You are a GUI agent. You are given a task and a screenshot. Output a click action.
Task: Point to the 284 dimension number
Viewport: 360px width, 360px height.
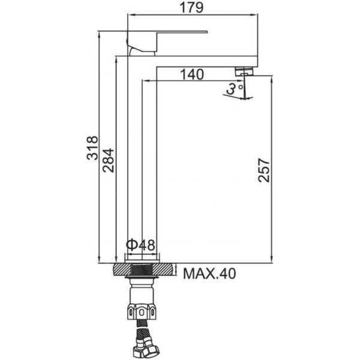coord(109,158)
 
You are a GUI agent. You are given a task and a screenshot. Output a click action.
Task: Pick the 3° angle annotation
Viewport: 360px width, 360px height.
coord(235,90)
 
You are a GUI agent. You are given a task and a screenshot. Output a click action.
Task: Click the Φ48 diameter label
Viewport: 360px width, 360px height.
coord(141,245)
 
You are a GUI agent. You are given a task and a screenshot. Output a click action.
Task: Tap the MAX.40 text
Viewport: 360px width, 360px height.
coord(209,274)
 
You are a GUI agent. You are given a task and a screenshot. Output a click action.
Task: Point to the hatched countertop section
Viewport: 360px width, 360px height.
coord(143,268)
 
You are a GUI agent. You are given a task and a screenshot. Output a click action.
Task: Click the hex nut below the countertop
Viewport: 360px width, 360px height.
coord(143,313)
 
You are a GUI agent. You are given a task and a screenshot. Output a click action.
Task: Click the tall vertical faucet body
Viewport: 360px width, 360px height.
coord(128,156)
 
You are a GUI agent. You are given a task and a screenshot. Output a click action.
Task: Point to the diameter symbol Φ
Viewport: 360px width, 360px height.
coord(132,245)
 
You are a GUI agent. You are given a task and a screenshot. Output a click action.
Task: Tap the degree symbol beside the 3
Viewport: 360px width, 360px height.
coord(241,88)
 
